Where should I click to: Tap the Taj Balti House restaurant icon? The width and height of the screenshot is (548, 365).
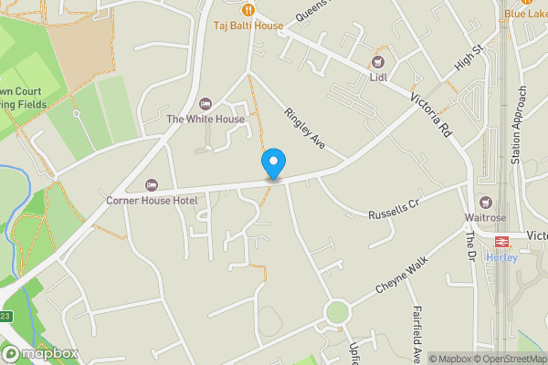[x=248, y=9]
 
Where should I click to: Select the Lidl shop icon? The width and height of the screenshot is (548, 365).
[x=377, y=62]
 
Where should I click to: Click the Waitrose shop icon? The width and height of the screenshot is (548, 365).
[x=485, y=202]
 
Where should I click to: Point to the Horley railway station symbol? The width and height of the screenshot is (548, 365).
[x=501, y=241]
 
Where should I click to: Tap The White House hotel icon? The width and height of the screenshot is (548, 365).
[x=205, y=103]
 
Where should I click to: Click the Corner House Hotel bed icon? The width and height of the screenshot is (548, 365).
[x=152, y=184]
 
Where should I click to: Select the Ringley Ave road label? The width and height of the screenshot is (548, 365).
[x=305, y=129]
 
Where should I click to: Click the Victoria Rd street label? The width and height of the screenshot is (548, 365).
[x=431, y=116]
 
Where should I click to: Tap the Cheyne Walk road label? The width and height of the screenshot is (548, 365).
[x=402, y=275]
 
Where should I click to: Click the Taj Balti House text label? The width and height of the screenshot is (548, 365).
[x=248, y=26]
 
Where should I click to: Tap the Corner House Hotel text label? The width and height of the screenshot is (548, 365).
[x=152, y=200]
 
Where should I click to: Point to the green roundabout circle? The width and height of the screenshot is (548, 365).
[x=337, y=313]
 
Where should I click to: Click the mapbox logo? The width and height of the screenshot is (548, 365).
[x=39, y=353]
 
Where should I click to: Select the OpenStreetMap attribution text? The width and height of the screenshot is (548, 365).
[x=514, y=359]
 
